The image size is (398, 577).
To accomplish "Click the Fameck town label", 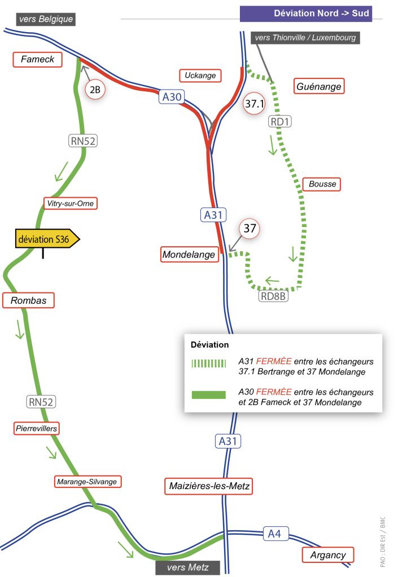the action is [x=38, y=60].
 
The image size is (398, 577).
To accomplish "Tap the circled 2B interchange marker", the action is [x=95, y=90].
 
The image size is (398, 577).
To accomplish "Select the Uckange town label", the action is [x=200, y=76].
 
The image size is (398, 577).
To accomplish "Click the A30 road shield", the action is [x=172, y=97].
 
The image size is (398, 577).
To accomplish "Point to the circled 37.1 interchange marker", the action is [x=254, y=104].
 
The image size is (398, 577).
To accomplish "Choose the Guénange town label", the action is [x=319, y=86].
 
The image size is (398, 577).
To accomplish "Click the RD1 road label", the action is [x=279, y=122].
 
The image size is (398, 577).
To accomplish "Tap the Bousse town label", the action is [x=322, y=184].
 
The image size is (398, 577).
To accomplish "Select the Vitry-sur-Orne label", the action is [x=71, y=203].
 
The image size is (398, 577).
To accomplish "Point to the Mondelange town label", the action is [x=190, y=254].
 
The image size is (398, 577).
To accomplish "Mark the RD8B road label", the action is [x=273, y=296].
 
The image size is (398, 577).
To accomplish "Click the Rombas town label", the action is [x=28, y=300].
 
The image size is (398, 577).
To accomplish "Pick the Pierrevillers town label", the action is [x=37, y=428].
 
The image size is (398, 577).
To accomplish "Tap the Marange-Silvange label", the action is [x=87, y=482].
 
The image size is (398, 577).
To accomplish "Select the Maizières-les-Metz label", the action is [x=208, y=486].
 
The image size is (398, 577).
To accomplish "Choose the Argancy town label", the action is [x=327, y=555].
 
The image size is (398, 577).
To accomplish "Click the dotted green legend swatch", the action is [x=208, y=363].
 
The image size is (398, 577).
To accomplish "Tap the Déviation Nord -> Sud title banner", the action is [x=306, y=14].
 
